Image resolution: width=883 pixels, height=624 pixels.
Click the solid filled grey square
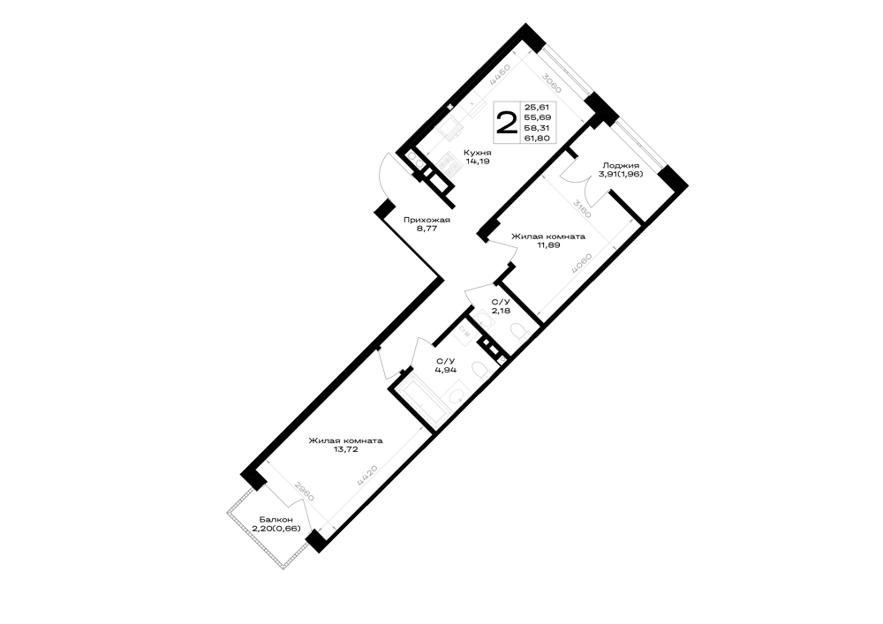pyautogui.click(x=450, y=164)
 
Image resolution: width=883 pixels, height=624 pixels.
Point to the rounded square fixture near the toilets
pyautogui.click(x=485, y=319)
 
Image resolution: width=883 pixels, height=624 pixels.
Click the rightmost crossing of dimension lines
pyautogui.click(x=611, y=241)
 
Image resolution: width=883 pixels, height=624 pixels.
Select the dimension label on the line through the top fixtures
pyautogui.click(x=500, y=74)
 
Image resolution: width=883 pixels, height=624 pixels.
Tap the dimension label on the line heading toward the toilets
pyautogui.click(x=582, y=264)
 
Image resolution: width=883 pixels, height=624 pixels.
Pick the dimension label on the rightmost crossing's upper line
pyautogui.click(x=581, y=208)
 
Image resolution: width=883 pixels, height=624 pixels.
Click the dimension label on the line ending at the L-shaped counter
pyautogui.click(x=367, y=477)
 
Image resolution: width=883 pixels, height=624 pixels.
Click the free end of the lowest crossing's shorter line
pyautogui.click(x=268, y=461)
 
